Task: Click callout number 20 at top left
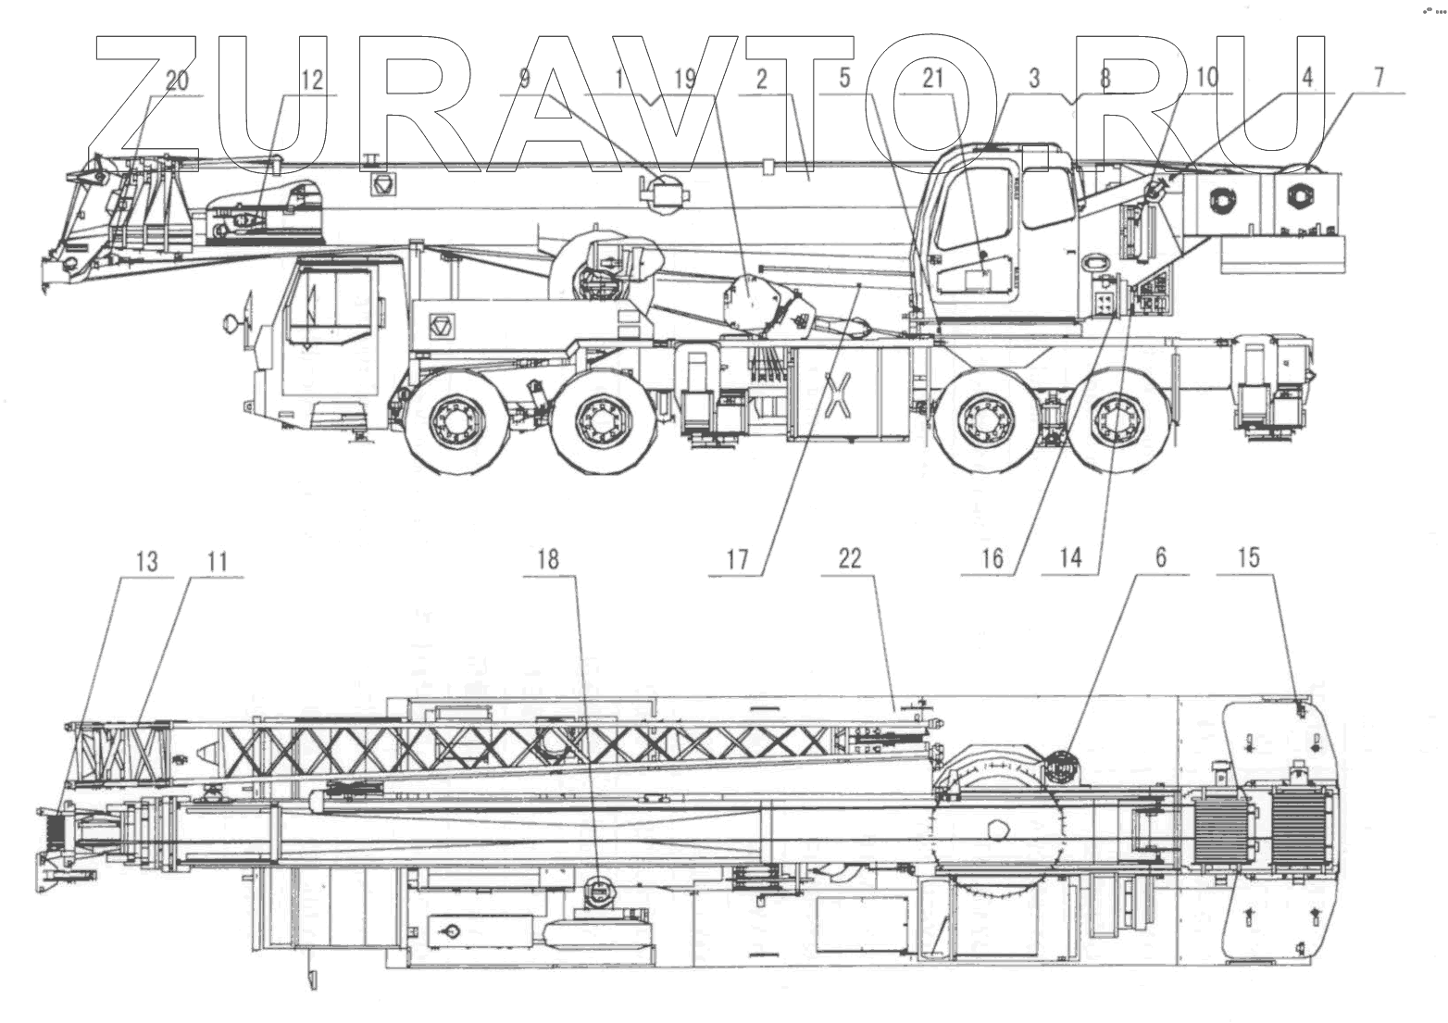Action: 176,81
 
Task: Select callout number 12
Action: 312,81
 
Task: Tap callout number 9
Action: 524,80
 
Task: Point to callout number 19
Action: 684,80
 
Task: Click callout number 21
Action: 932,79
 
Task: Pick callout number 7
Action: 1379,78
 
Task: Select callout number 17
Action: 737,559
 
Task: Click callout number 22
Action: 849,558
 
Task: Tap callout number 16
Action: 992,558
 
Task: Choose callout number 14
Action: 1070,558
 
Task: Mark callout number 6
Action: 1160,557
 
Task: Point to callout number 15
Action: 1248,557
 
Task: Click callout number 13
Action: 146,561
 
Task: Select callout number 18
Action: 548,558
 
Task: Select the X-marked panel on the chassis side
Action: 838,390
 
